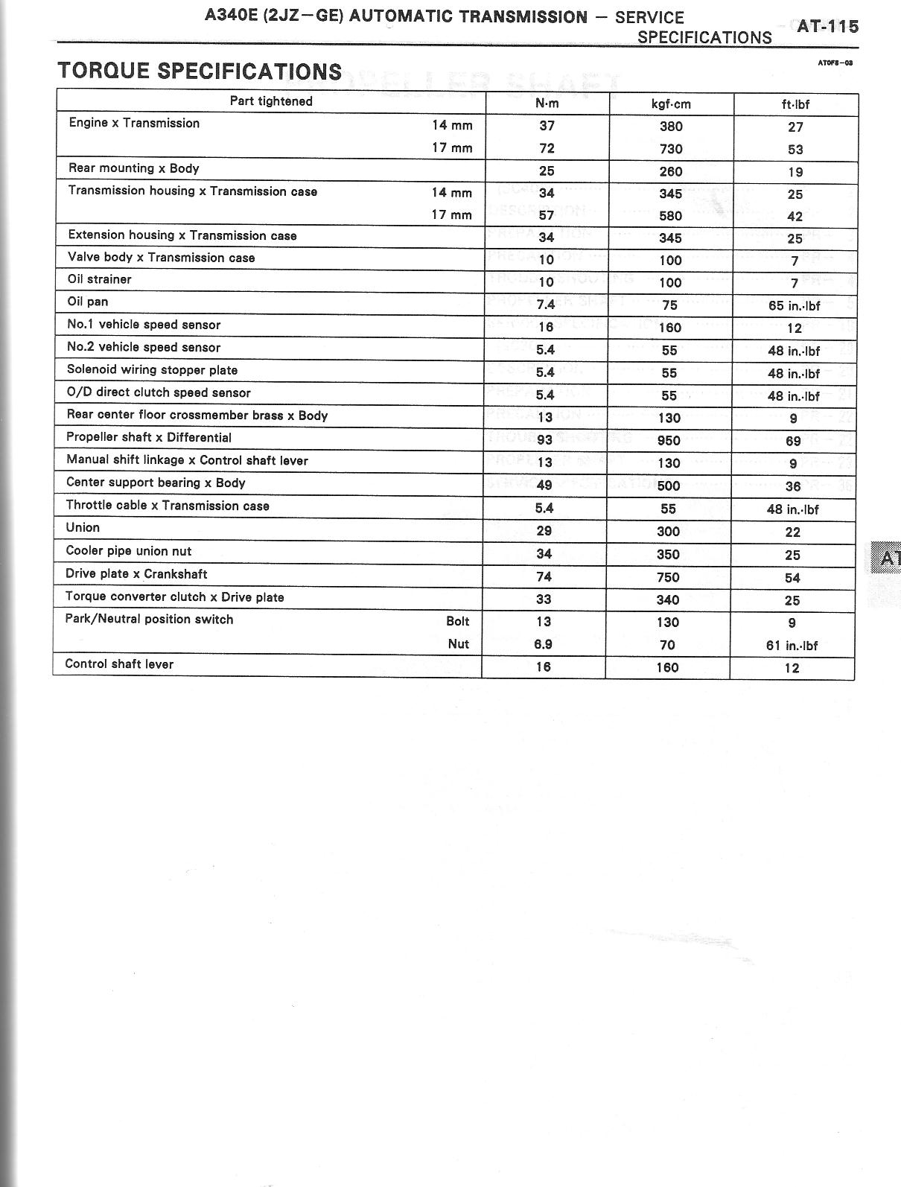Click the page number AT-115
(827, 27)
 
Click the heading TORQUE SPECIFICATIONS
(200, 71)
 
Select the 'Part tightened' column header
(271, 101)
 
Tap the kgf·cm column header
(671, 104)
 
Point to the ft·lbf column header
(795, 104)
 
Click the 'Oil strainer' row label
(100, 279)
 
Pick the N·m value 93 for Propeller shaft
(544, 440)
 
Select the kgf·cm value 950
(669, 440)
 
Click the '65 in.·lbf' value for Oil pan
(794, 305)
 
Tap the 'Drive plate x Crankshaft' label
(136, 574)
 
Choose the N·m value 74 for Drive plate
(544, 576)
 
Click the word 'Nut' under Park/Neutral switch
(459, 644)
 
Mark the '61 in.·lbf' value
(792, 646)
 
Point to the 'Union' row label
(83, 528)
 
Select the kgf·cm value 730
(671, 149)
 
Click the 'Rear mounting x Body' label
(134, 168)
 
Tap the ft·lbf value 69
(793, 441)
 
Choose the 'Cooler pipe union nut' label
(129, 551)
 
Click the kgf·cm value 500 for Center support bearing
(669, 486)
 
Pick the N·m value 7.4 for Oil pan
(545, 305)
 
